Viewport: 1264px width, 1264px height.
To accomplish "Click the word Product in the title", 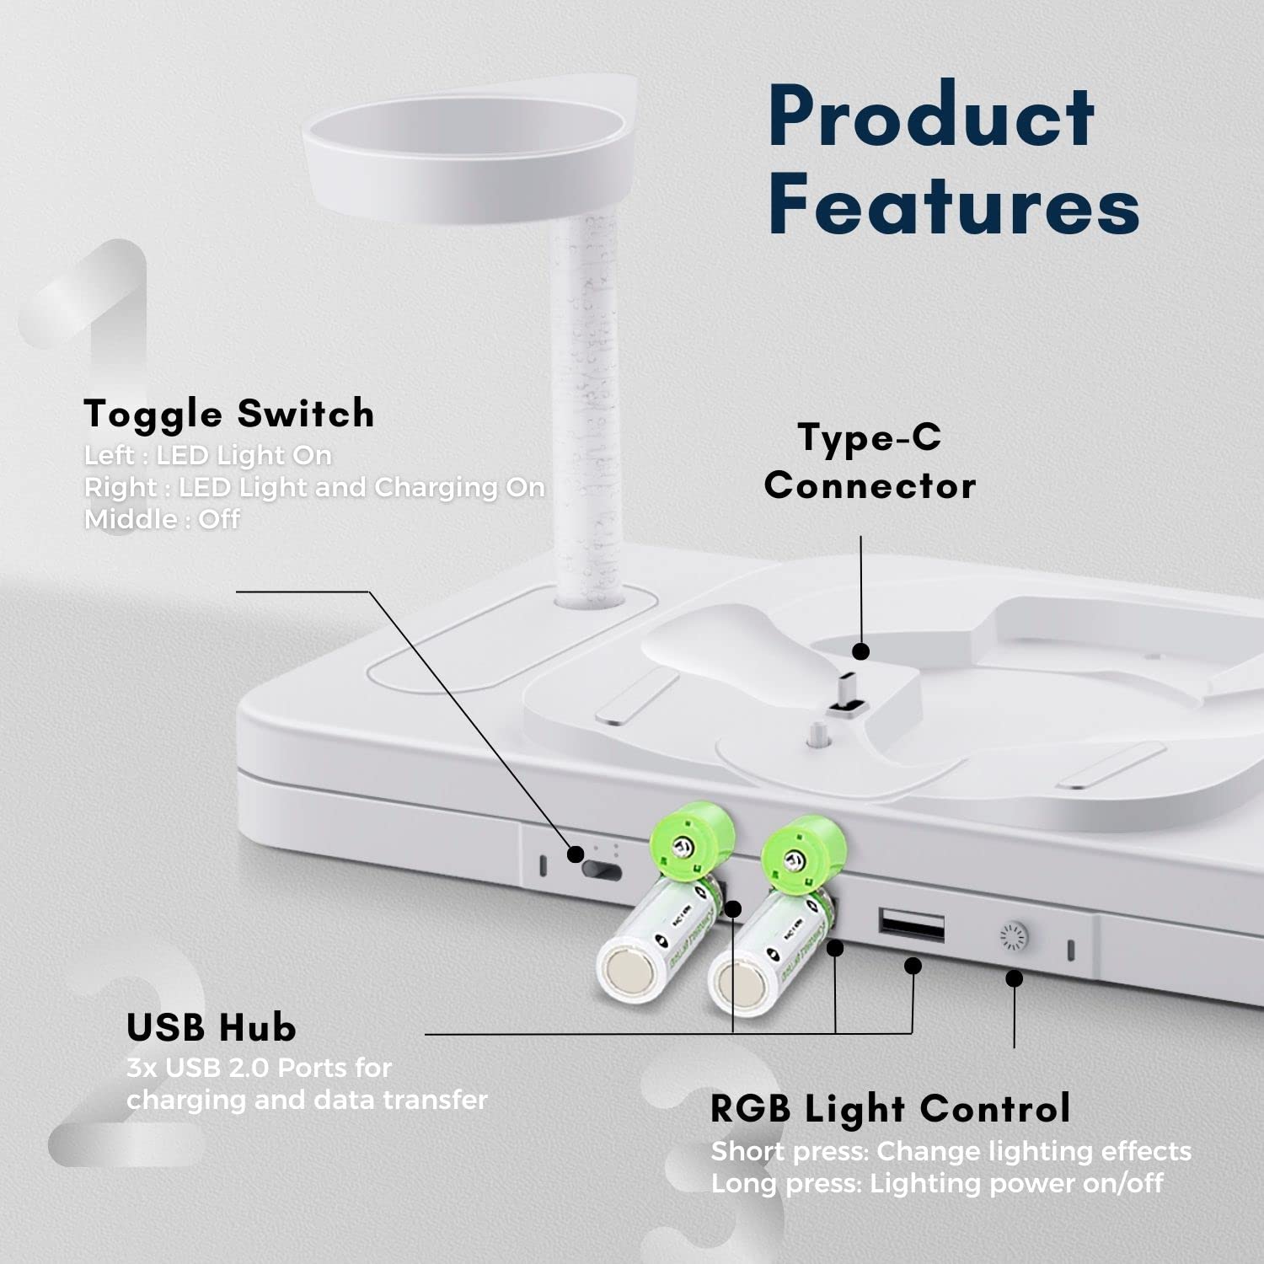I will pyautogui.click(x=930, y=118).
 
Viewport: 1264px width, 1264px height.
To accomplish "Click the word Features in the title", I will pyautogui.click(x=953, y=205).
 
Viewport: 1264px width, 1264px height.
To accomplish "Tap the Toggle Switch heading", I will pyautogui.click(x=229, y=414).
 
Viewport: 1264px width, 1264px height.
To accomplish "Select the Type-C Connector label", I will pyautogui.click(x=870, y=462).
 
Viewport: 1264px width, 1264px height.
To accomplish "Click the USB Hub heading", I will pyautogui.click(x=212, y=1027).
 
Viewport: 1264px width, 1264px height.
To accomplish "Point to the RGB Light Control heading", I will pyautogui.click(x=891, y=1108).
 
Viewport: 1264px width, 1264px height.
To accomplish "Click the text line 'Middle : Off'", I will pyautogui.click(x=162, y=519).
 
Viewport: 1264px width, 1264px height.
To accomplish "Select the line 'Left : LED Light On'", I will pyautogui.click(x=207, y=455).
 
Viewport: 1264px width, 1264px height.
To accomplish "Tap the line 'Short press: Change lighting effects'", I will pyautogui.click(x=951, y=1151).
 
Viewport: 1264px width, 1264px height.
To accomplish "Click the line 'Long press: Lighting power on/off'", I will pyautogui.click(x=936, y=1183).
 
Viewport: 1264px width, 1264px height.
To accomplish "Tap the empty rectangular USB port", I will pyautogui.click(x=911, y=925).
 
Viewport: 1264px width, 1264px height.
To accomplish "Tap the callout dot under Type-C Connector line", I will pyautogui.click(x=860, y=651).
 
